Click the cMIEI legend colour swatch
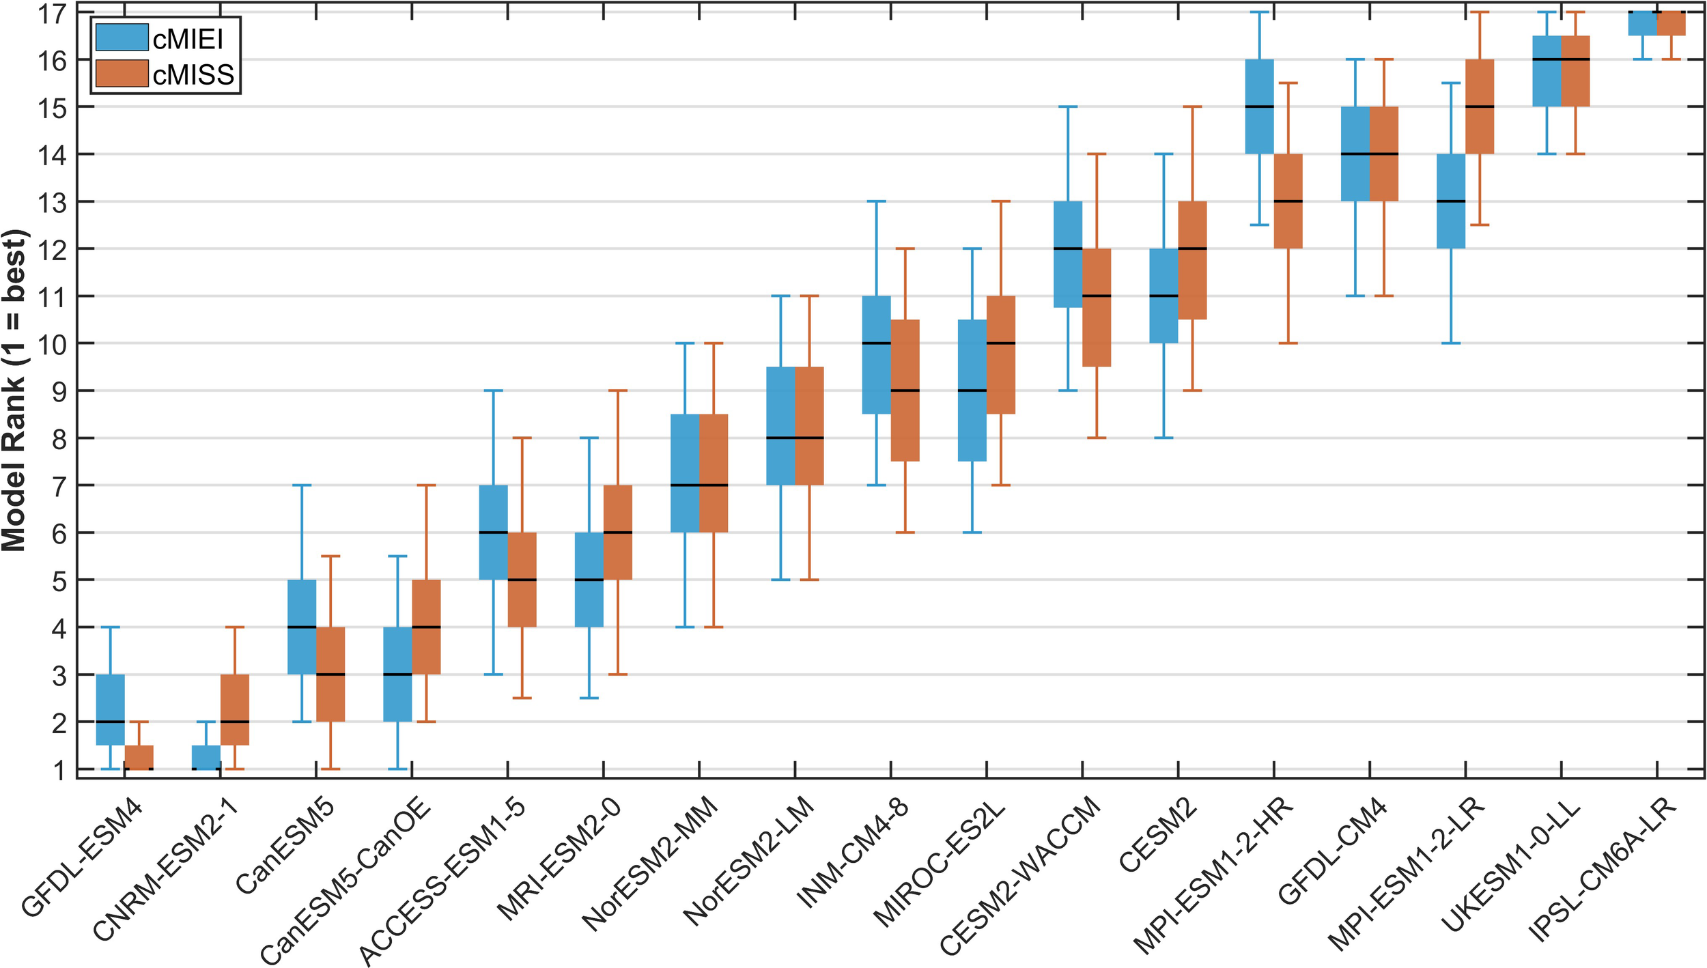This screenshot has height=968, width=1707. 122,38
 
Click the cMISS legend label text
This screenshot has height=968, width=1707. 193,74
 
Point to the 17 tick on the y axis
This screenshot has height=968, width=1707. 52,13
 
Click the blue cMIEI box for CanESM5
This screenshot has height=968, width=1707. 302,627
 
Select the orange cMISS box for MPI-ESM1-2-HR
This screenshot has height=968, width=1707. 1288,201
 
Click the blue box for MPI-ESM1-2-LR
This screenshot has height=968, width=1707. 1451,201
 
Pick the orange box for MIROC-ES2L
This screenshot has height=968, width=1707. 1001,355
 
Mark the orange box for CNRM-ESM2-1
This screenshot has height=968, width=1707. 234,710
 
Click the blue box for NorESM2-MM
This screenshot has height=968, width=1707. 685,473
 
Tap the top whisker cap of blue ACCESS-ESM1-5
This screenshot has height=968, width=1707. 493,390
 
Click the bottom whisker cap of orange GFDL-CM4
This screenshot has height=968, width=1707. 1383,296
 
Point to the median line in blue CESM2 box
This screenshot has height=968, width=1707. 1164,296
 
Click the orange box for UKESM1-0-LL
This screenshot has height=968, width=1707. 1575,71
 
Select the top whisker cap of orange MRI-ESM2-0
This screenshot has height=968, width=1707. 617,390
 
